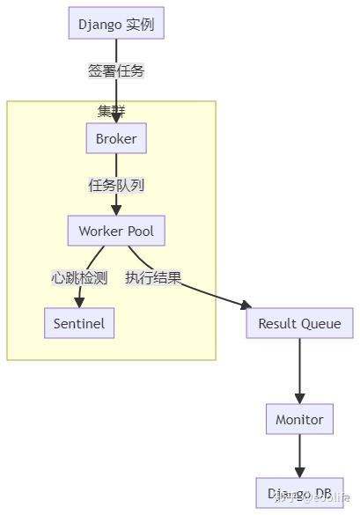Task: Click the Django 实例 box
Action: click(x=116, y=24)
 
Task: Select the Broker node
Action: click(x=116, y=139)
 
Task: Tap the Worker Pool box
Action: click(x=116, y=232)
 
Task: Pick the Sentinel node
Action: click(x=79, y=323)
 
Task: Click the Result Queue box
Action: click(x=299, y=324)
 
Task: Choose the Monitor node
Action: click(x=299, y=420)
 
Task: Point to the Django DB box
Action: click(x=299, y=494)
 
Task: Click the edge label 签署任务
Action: click(x=115, y=71)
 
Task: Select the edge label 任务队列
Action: click(x=116, y=185)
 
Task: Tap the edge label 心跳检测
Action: click(x=79, y=278)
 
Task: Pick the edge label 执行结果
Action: click(x=153, y=278)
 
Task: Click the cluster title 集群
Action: click(x=111, y=112)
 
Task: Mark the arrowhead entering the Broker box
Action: click(x=116, y=120)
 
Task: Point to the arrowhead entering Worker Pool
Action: click(x=116, y=212)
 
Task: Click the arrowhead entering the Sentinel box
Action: click(x=79, y=304)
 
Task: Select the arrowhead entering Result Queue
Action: click(x=246, y=305)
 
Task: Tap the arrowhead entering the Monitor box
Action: click(x=299, y=400)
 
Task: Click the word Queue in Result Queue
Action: click(x=320, y=324)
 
